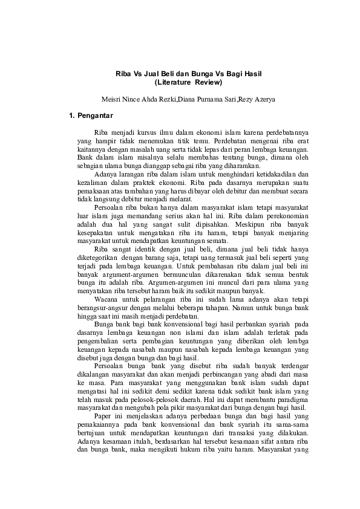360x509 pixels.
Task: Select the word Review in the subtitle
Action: coord(208,82)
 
